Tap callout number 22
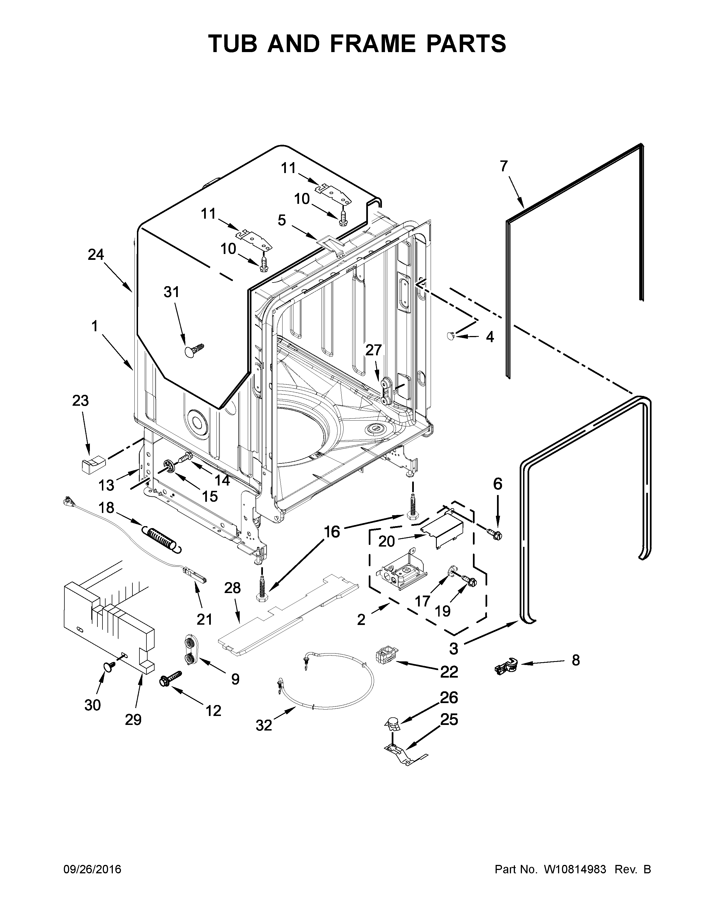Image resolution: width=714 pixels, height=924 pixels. pyautogui.click(x=449, y=671)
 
